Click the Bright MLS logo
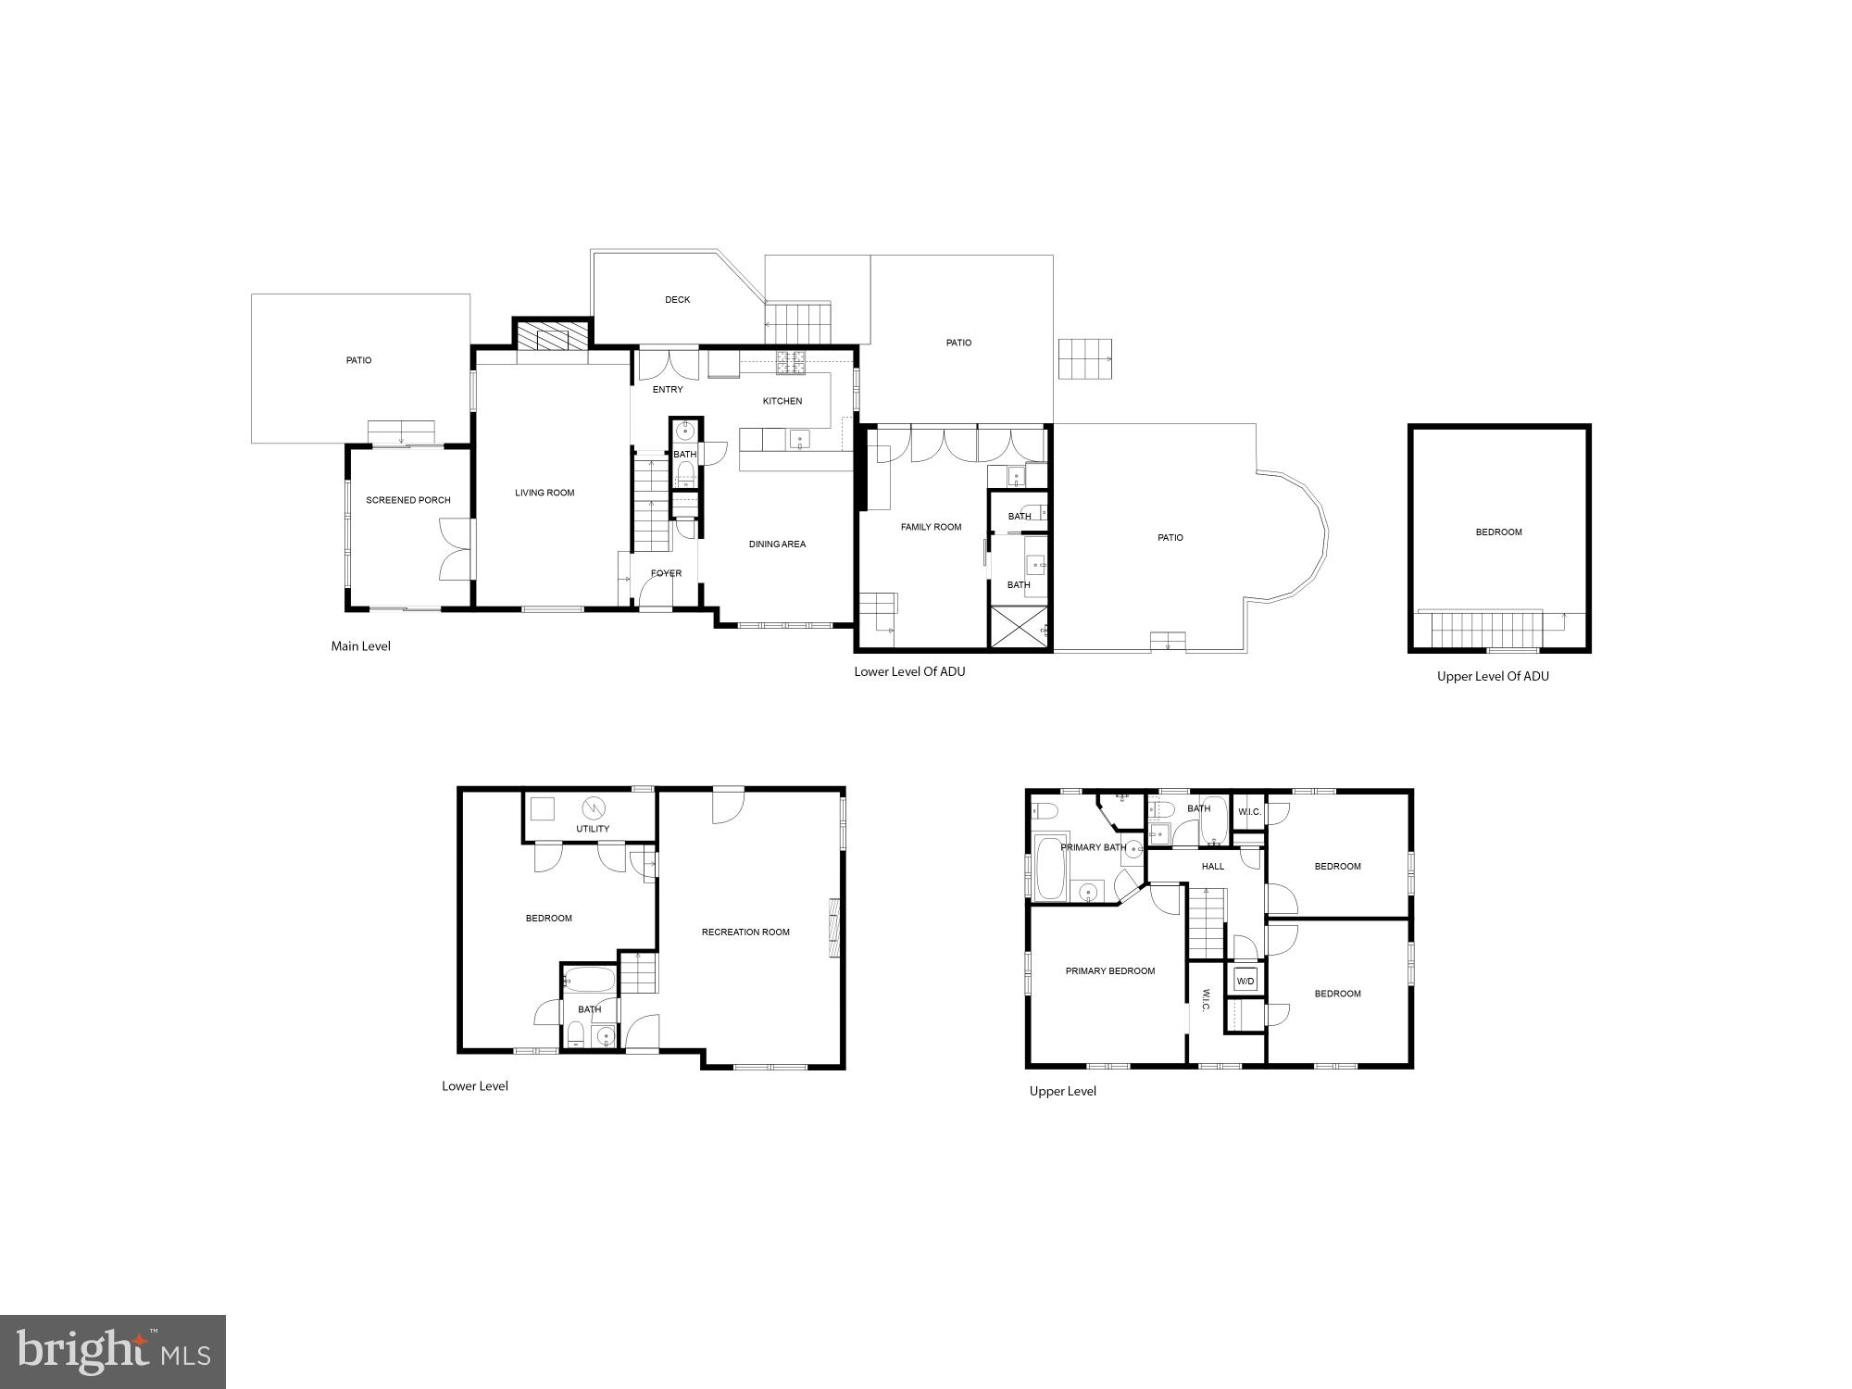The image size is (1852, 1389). (x=113, y=1351)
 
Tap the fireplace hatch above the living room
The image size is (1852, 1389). (x=553, y=336)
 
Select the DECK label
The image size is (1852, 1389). (x=677, y=300)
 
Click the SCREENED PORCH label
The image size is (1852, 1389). (x=408, y=500)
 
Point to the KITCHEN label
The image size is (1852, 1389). (x=782, y=401)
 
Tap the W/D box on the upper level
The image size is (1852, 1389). (x=1245, y=982)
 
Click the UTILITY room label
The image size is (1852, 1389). (x=593, y=829)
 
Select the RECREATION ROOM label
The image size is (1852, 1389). (x=745, y=932)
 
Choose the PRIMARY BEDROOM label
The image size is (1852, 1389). (x=1110, y=971)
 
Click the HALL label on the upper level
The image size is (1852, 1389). (x=1213, y=867)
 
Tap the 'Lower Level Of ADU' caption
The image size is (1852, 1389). (x=909, y=672)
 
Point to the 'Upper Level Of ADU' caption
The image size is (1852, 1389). (x=1493, y=677)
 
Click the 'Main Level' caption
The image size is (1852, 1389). (x=361, y=646)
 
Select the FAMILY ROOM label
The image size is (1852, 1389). (x=931, y=527)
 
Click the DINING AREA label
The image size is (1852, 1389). (x=777, y=544)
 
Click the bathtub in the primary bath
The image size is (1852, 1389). (x=1050, y=869)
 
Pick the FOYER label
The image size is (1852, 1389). (x=666, y=573)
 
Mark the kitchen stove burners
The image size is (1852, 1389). (x=793, y=363)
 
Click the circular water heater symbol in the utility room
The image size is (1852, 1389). (x=593, y=806)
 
